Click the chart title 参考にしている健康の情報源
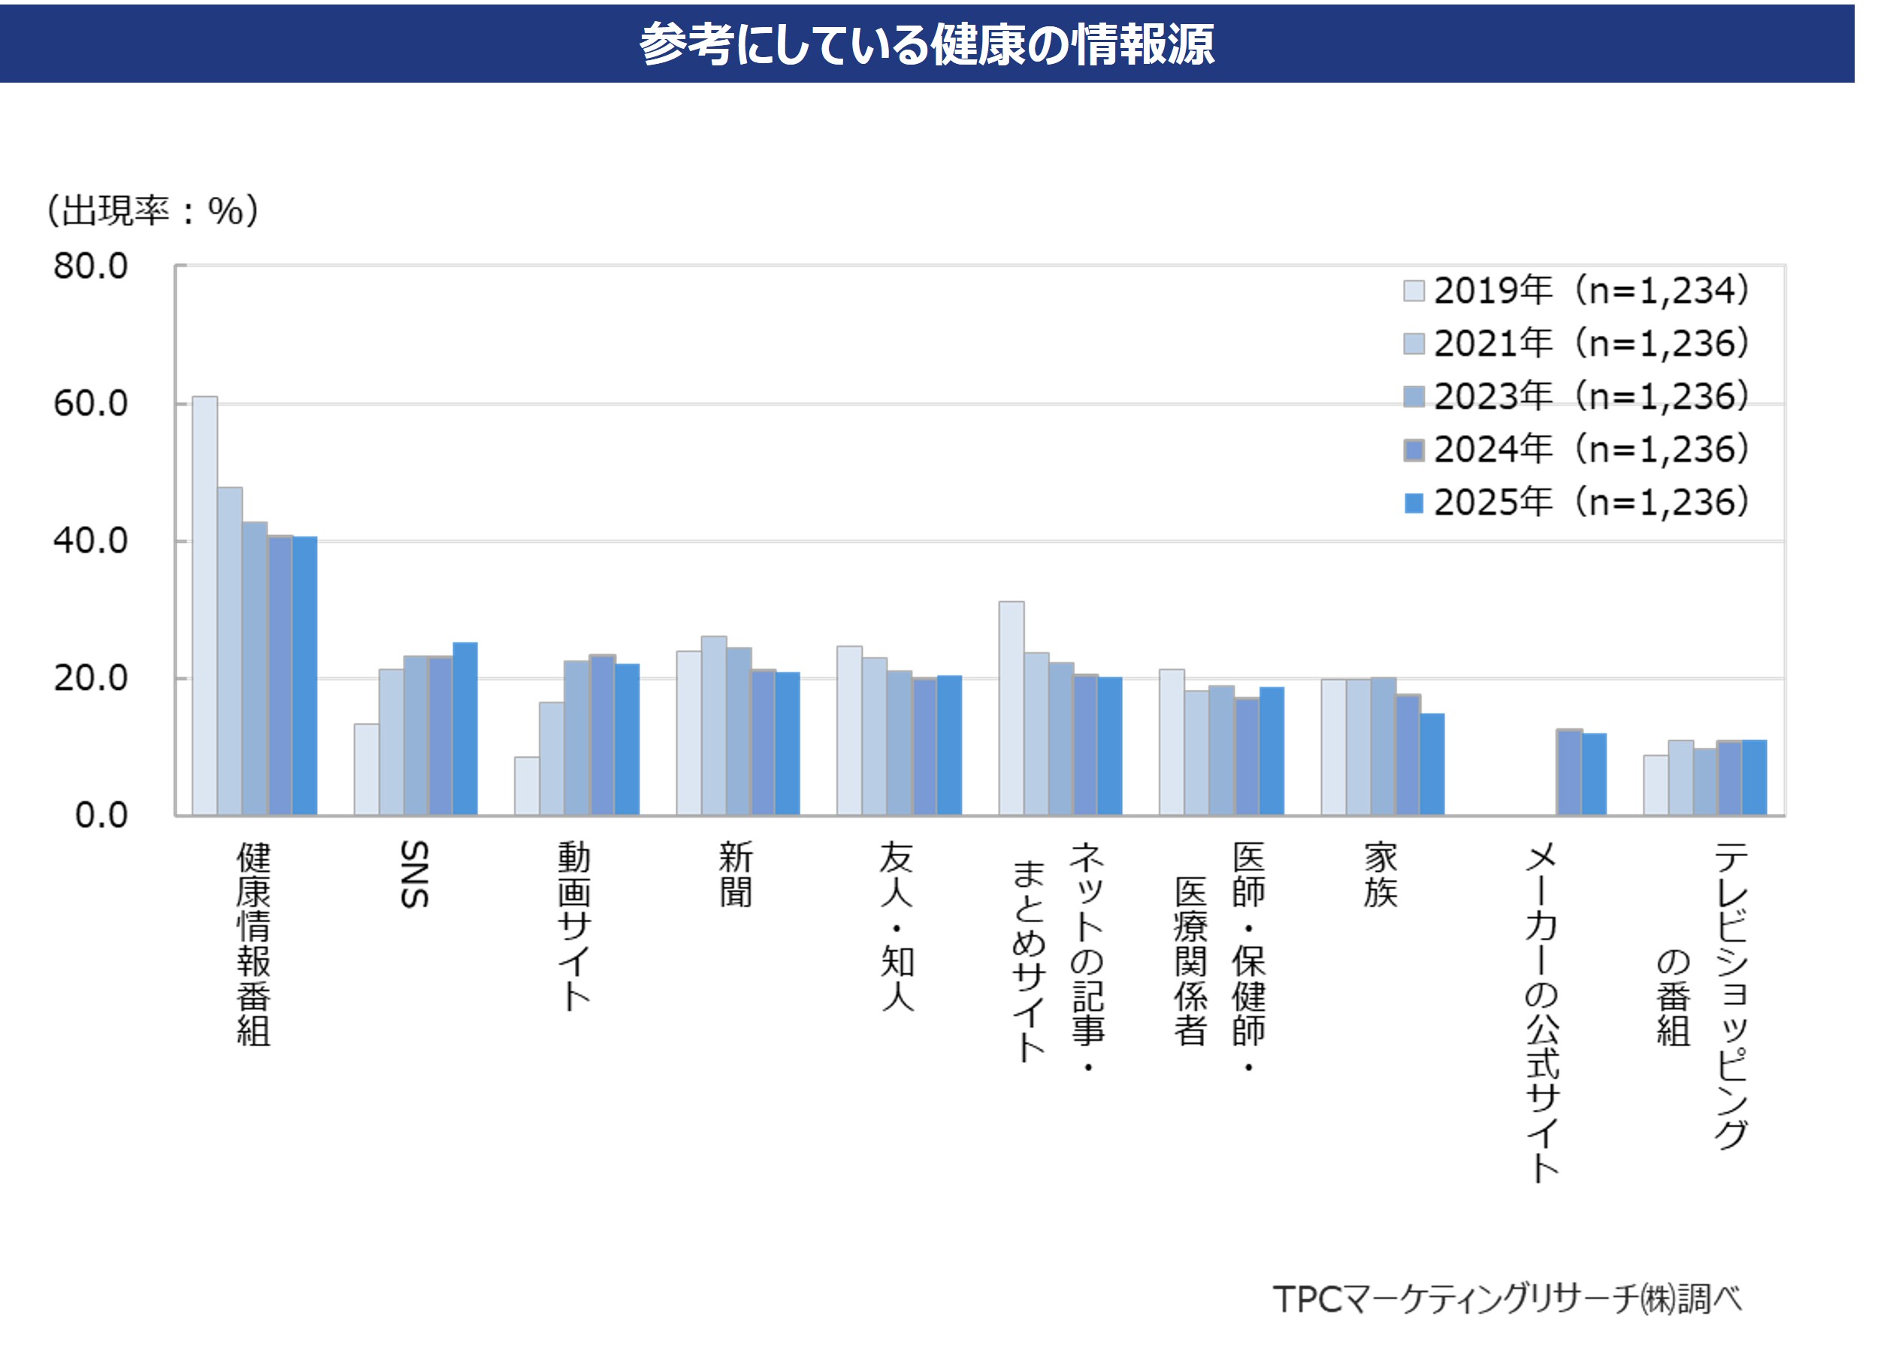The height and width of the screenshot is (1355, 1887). coord(926,44)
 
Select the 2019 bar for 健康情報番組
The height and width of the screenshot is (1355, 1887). coord(204,606)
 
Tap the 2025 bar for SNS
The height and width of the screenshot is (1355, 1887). coord(465,729)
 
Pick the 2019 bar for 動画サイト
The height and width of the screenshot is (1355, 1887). coord(527,785)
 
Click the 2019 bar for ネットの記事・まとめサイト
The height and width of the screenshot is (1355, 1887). coord(1011,708)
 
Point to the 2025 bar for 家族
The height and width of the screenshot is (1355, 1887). coord(1432,764)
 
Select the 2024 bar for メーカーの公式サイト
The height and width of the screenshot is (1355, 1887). coord(1568,772)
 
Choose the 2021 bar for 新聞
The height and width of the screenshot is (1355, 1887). coord(714,725)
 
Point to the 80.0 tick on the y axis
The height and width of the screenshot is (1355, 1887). coord(91,267)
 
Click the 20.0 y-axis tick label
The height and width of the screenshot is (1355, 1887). coord(91,679)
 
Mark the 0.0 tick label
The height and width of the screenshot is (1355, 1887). coord(101,815)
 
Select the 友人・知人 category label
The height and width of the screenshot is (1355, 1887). coord(897,926)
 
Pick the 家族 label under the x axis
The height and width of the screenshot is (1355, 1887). coord(1380,875)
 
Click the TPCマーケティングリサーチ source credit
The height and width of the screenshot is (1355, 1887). coord(1507,1299)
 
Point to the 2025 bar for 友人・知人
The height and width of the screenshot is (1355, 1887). coord(949,745)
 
